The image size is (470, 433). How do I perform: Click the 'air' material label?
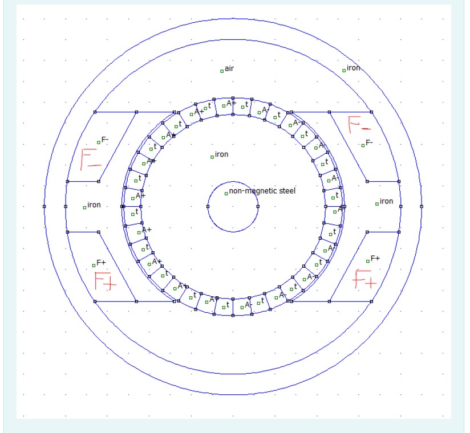(229, 69)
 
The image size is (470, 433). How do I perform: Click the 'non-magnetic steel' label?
(262, 191)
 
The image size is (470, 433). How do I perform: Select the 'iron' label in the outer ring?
(354, 68)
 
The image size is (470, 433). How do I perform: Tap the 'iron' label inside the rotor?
(221, 154)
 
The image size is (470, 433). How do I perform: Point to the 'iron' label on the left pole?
(94, 205)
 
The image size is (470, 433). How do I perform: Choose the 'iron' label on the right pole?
(386, 201)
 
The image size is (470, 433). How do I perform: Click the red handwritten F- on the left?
(91, 159)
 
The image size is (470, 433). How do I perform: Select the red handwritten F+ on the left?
(106, 281)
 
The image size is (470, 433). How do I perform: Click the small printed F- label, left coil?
(105, 140)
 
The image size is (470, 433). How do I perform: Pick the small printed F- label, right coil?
(369, 143)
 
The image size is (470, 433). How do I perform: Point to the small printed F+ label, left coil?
(101, 263)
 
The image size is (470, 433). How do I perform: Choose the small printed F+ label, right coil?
(375, 259)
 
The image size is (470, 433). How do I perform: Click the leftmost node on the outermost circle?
(44, 206)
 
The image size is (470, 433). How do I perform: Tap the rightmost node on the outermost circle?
(422, 206)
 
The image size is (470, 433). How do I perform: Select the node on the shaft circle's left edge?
(208, 206)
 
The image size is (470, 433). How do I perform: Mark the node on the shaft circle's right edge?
(258, 206)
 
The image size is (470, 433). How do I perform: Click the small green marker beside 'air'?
(222, 71)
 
